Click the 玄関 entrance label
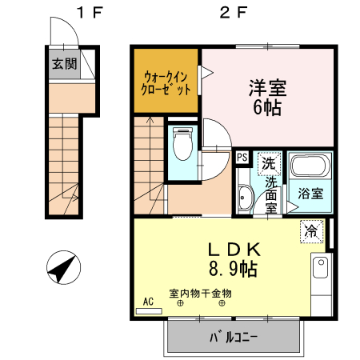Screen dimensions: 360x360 pyautogui.click(x=66, y=65)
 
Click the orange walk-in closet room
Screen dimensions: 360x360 pyautogui.click(x=166, y=82)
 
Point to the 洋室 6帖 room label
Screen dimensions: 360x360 pyautogui.click(x=266, y=96)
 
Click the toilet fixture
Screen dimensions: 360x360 pyautogui.click(x=183, y=144)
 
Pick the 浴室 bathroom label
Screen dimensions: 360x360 pyautogui.click(x=310, y=193)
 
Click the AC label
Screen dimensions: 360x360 pyautogui.click(x=147, y=302)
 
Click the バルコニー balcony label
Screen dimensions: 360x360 pyautogui.click(x=234, y=338)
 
